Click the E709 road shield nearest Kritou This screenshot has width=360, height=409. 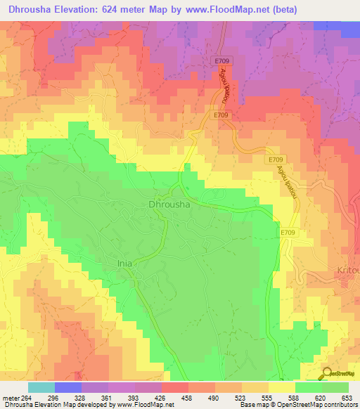(288, 233)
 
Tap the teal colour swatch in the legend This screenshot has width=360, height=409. (41, 387)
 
